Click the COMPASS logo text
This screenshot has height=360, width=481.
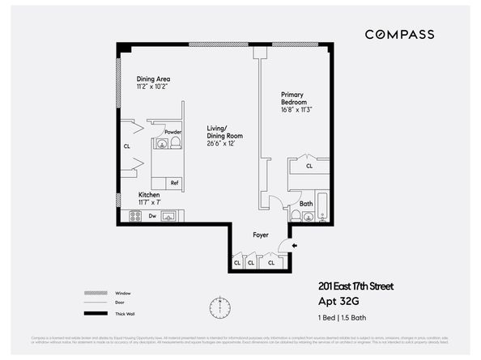tap(399, 34)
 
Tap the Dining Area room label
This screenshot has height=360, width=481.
tap(153, 79)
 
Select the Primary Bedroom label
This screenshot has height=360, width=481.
tap(294, 98)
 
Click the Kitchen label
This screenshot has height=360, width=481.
tap(149, 195)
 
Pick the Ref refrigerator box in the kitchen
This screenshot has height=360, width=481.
tap(174, 182)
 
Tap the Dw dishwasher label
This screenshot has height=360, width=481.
tap(151, 216)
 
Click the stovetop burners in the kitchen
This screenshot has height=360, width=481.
tap(134, 216)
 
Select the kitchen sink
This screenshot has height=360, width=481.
tap(169, 216)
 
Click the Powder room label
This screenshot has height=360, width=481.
tap(172, 132)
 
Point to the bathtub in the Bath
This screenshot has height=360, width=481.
tap(321, 208)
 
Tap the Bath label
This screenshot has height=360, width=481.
tap(306, 203)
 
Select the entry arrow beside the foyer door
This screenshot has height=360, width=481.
tap(294, 244)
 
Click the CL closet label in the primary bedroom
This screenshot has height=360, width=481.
tap(309, 166)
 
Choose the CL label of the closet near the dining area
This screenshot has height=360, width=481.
tap(127, 146)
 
